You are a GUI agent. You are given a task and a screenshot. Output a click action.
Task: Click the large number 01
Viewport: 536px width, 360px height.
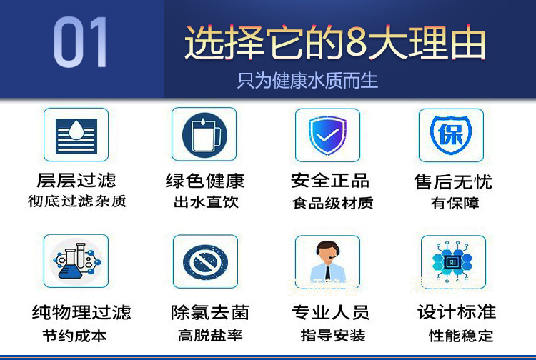[80, 41]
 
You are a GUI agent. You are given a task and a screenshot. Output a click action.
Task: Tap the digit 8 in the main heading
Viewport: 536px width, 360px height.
[357, 42]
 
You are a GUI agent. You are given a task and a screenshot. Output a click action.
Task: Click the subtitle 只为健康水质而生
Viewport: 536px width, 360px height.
[307, 81]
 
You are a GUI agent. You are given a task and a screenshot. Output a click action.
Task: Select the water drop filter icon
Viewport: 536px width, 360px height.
[76, 136]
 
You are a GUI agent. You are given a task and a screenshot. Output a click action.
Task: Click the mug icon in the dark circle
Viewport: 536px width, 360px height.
[204, 135]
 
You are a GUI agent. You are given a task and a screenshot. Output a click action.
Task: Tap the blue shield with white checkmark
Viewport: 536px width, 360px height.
[327, 135]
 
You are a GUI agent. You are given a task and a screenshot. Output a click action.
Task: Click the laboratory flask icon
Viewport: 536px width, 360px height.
[76, 261]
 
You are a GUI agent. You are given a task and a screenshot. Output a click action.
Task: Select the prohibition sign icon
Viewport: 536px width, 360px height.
[205, 262]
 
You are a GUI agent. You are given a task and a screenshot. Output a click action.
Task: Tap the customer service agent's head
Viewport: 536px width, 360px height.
[327, 251]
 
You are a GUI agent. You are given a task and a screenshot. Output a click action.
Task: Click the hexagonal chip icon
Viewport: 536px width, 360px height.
[452, 262]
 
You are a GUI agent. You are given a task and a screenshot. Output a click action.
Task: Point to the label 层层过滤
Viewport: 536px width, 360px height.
[76, 180]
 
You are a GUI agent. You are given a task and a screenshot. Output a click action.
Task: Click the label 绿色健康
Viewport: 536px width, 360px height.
[205, 181]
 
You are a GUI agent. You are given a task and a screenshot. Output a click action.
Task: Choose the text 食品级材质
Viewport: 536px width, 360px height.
[332, 204]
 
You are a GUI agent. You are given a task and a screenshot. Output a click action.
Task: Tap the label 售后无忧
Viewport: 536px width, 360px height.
[453, 181]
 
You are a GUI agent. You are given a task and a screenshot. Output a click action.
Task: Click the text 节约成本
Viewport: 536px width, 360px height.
[74, 336]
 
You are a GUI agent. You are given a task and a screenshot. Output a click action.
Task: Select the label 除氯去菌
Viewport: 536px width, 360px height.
[210, 313]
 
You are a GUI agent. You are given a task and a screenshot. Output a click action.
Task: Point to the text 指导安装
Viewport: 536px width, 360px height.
[332, 336]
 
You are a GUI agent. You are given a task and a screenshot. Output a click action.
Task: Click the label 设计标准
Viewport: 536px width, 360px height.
[457, 312]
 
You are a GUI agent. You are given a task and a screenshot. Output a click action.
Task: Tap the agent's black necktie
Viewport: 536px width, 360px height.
[327, 273]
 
